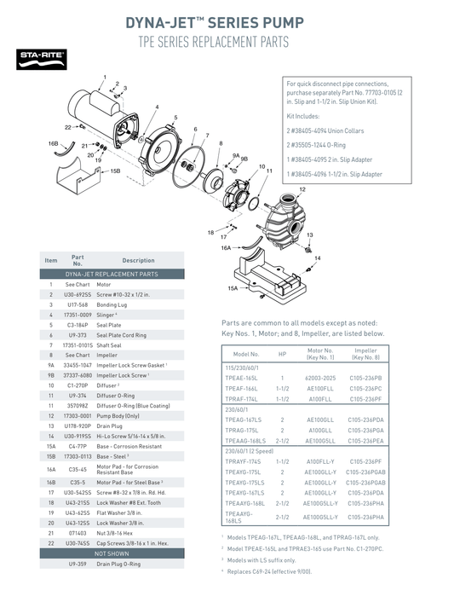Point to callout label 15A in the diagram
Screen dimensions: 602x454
click(x=234, y=289)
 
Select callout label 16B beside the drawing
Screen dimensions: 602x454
click(x=53, y=144)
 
